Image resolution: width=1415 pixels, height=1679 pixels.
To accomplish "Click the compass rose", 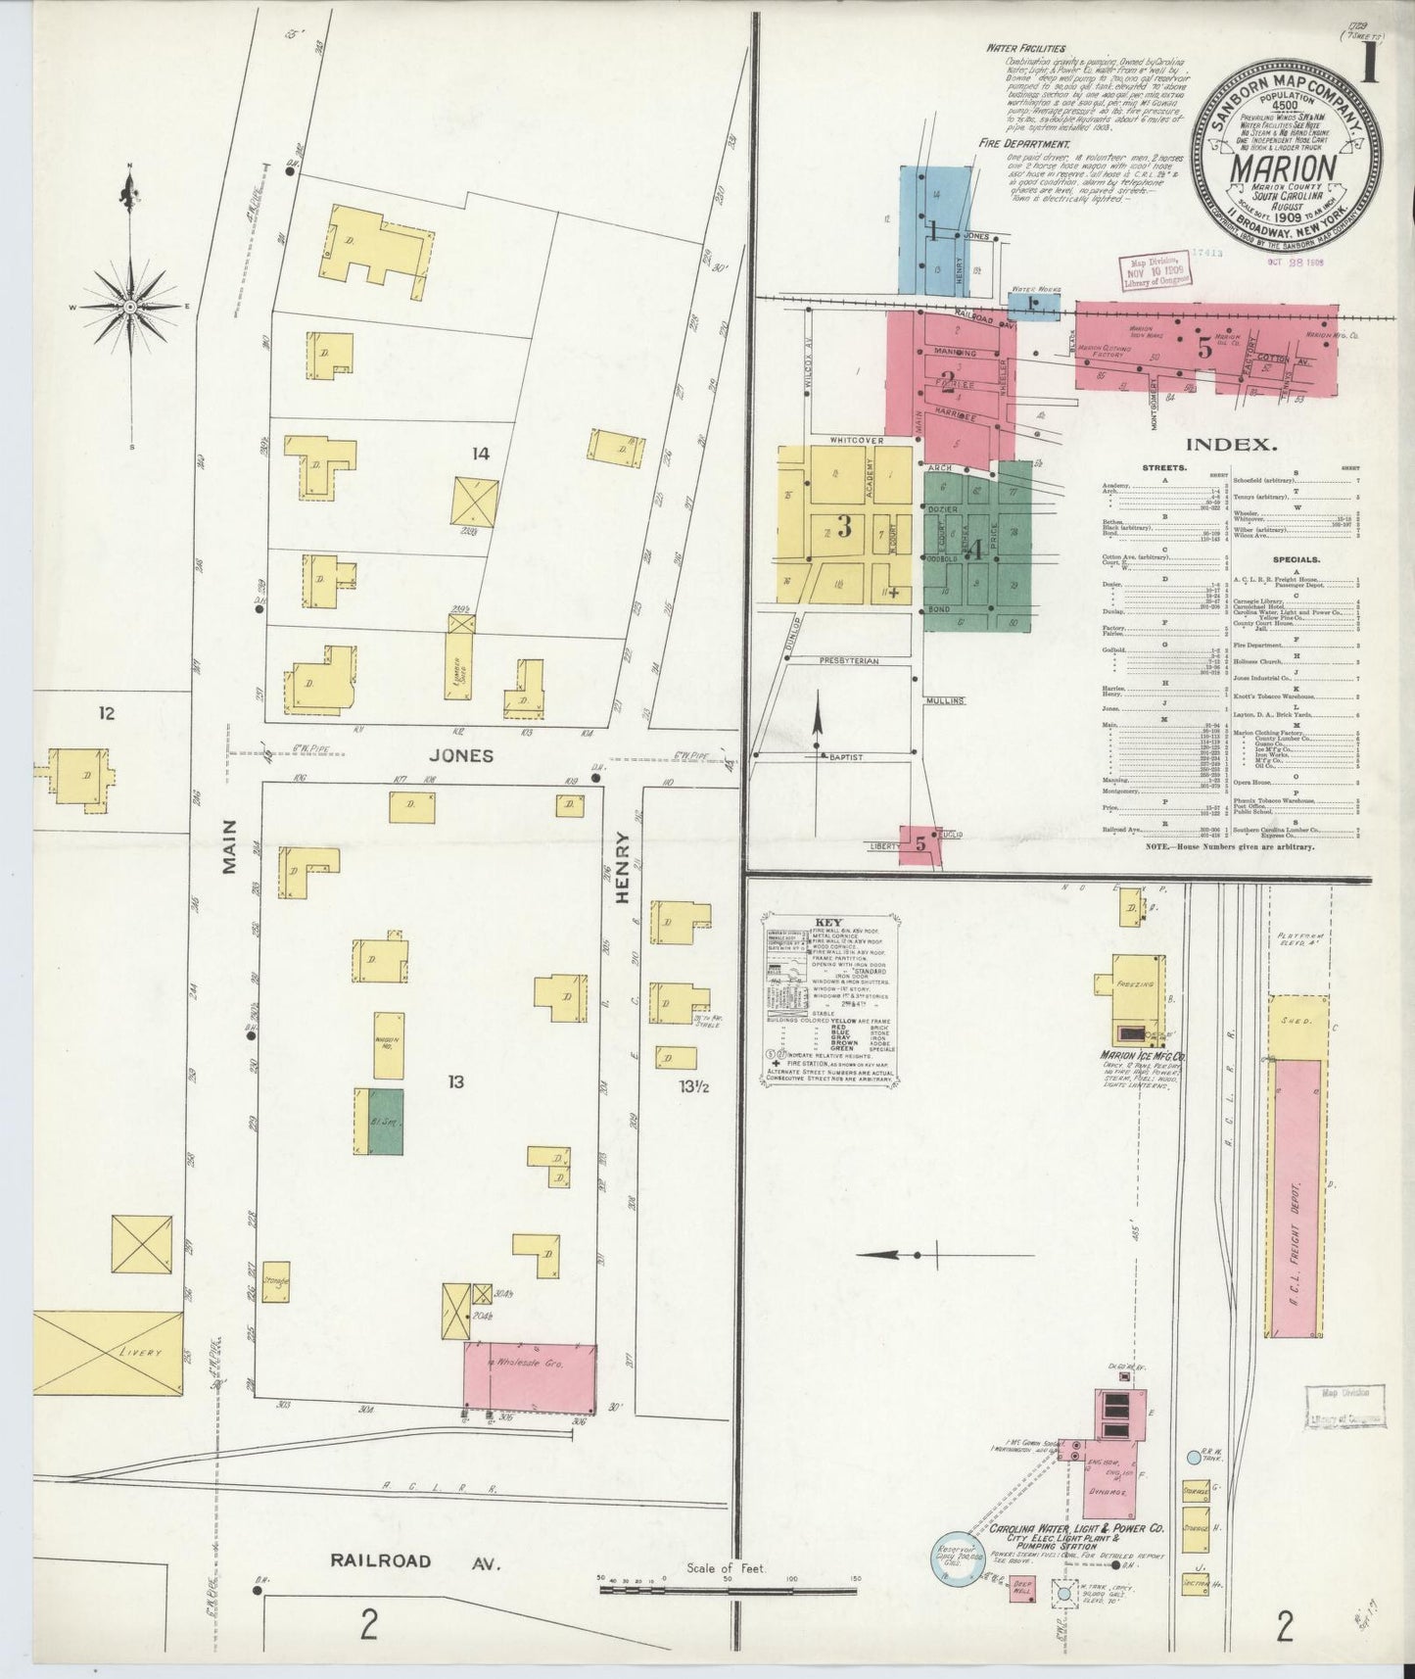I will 129,306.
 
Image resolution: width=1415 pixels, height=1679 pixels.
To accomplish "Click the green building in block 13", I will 386,1120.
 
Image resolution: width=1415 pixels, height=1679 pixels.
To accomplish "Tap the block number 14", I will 480,453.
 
